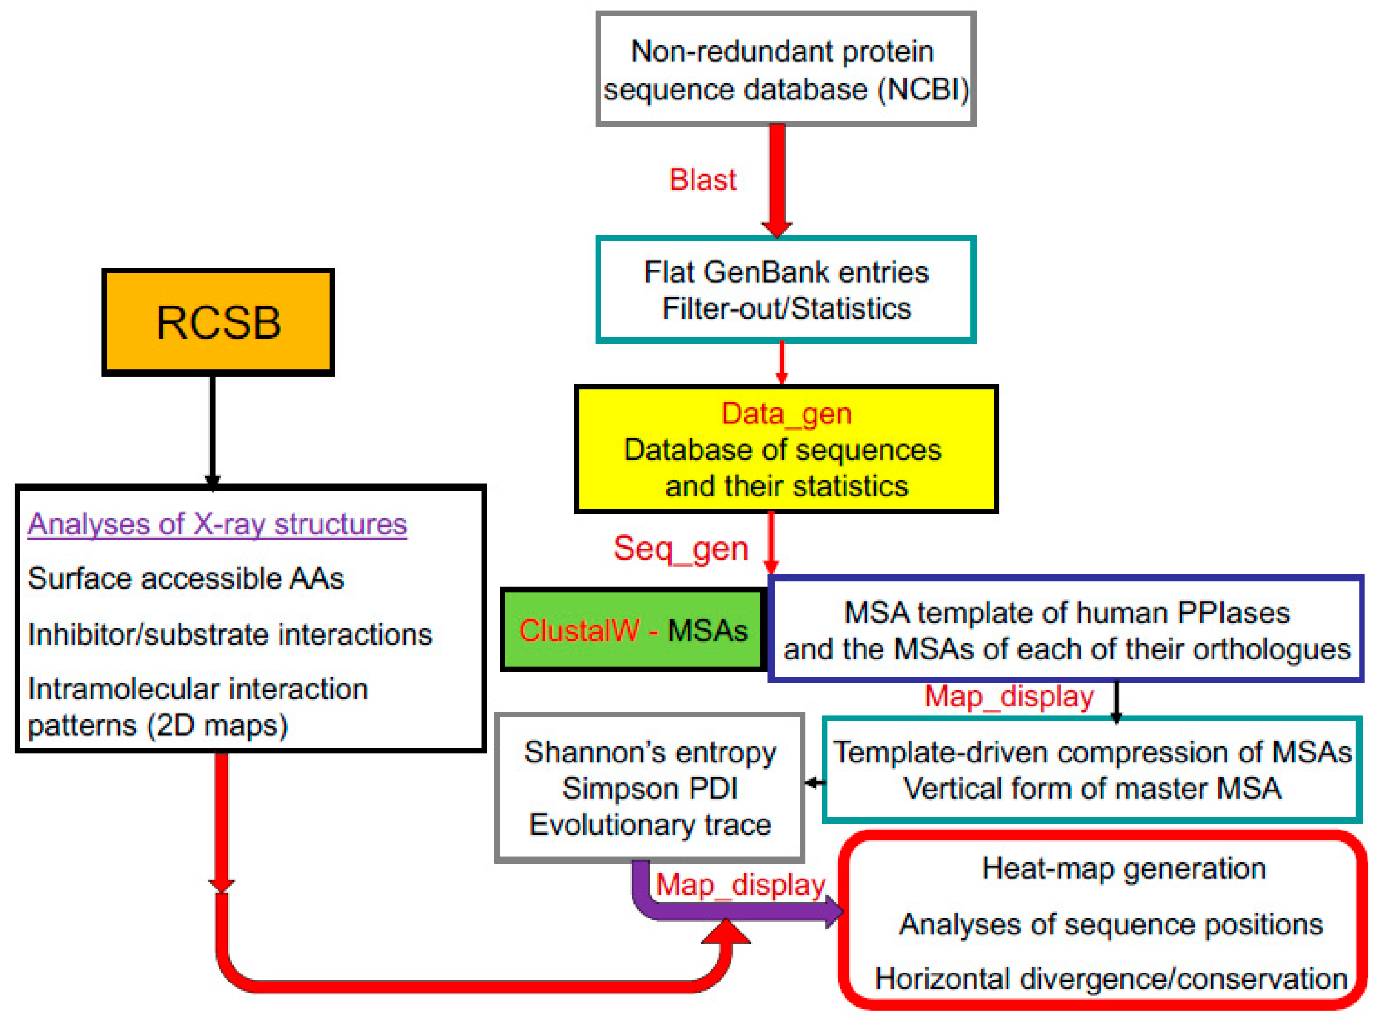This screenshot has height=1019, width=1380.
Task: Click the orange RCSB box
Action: tap(218, 322)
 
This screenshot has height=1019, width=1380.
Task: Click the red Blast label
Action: tap(703, 180)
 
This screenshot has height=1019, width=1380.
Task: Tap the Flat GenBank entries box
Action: tap(786, 290)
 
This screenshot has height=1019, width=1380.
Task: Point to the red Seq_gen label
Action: tap(681, 548)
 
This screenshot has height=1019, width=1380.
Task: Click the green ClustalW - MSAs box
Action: tap(633, 630)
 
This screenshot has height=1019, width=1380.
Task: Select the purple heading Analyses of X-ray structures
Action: tap(217, 524)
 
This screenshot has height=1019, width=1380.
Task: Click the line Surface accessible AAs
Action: tap(185, 579)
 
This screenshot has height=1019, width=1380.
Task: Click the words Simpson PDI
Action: tap(650, 788)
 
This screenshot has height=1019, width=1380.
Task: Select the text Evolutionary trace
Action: tap(650, 825)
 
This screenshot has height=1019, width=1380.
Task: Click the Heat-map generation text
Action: tap(1123, 869)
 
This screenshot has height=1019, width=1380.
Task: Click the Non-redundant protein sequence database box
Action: tap(786, 69)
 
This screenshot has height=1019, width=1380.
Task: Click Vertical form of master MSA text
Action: tap(1092, 788)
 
